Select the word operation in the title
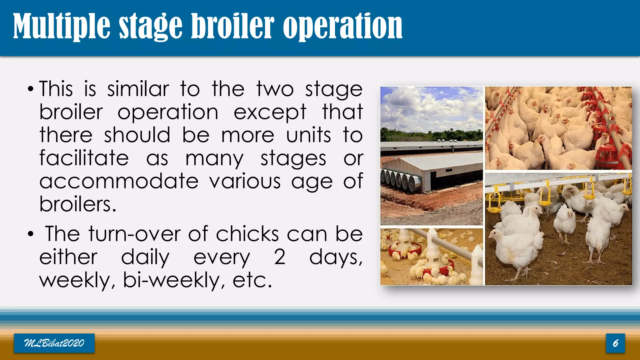pyautogui.click(x=342, y=27)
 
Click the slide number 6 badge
pyautogui.click(x=615, y=343)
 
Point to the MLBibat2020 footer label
pyautogui.click(x=54, y=343)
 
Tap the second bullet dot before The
pyautogui.click(x=30, y=234)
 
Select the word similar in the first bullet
pyautogui.click(x=138, y=89)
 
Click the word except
pyautogui.click(x=270, y=112)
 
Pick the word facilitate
pyautogui.click(x=84, y=158)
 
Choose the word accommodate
pyautogui.click(x=119, y=181)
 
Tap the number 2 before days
pyautogui.click(x=279, y=257)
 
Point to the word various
pyautogui.click(x=245, y=181)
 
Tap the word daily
pyautogui.click(x=145, y=257)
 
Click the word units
pyautogui.click(x=308, y=135)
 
